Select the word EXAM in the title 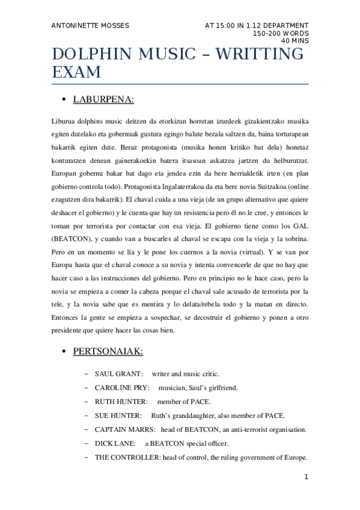pyautogui.click(x=76, y=73)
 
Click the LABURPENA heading pyautogui.click(x=103, y=99)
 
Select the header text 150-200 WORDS pyautogui.click(x=281, y=33)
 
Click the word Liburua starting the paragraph pyautogui.click(x=65, y=121)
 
